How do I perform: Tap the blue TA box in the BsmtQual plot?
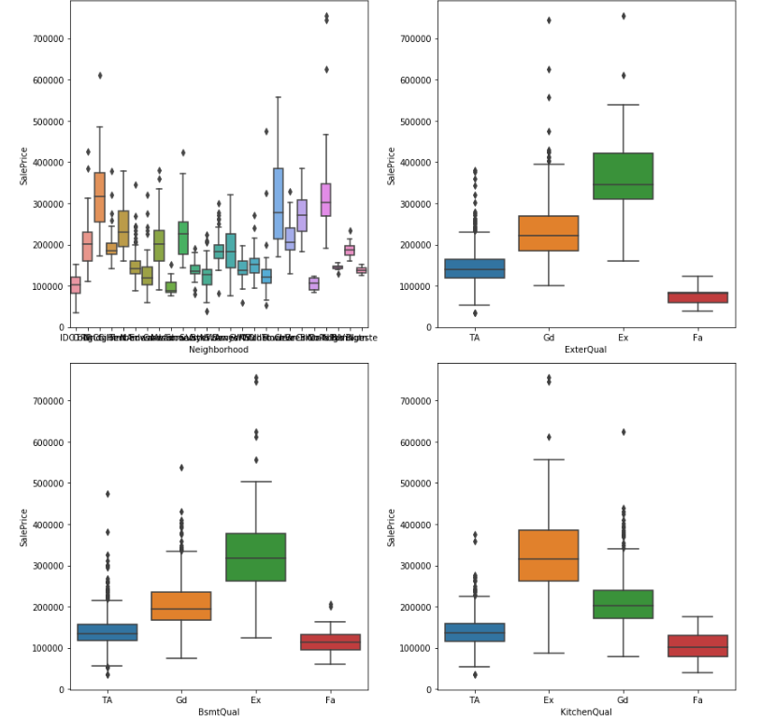pyautogui.click(x=107, y=632)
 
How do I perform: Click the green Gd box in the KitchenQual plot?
pyautogui.click(x=623, y=604)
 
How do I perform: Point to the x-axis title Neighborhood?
pyautogui.click(x=219, y=349)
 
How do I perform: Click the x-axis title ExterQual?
pyautogui.click(x=584, y=349)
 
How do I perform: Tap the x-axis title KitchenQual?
pyautogui.click(x=584, y=711)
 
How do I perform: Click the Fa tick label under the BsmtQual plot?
pyautogui.click(x=329, y=699)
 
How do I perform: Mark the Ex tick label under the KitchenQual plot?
pyautogui.click(x=548, y=699)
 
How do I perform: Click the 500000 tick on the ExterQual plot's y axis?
pyautogui.click(x=413, y=122)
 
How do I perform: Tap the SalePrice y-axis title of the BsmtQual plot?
pyautogui.click(x=25, y=526)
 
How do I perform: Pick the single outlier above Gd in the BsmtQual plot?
pyautogui.click(x=181, y=468)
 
